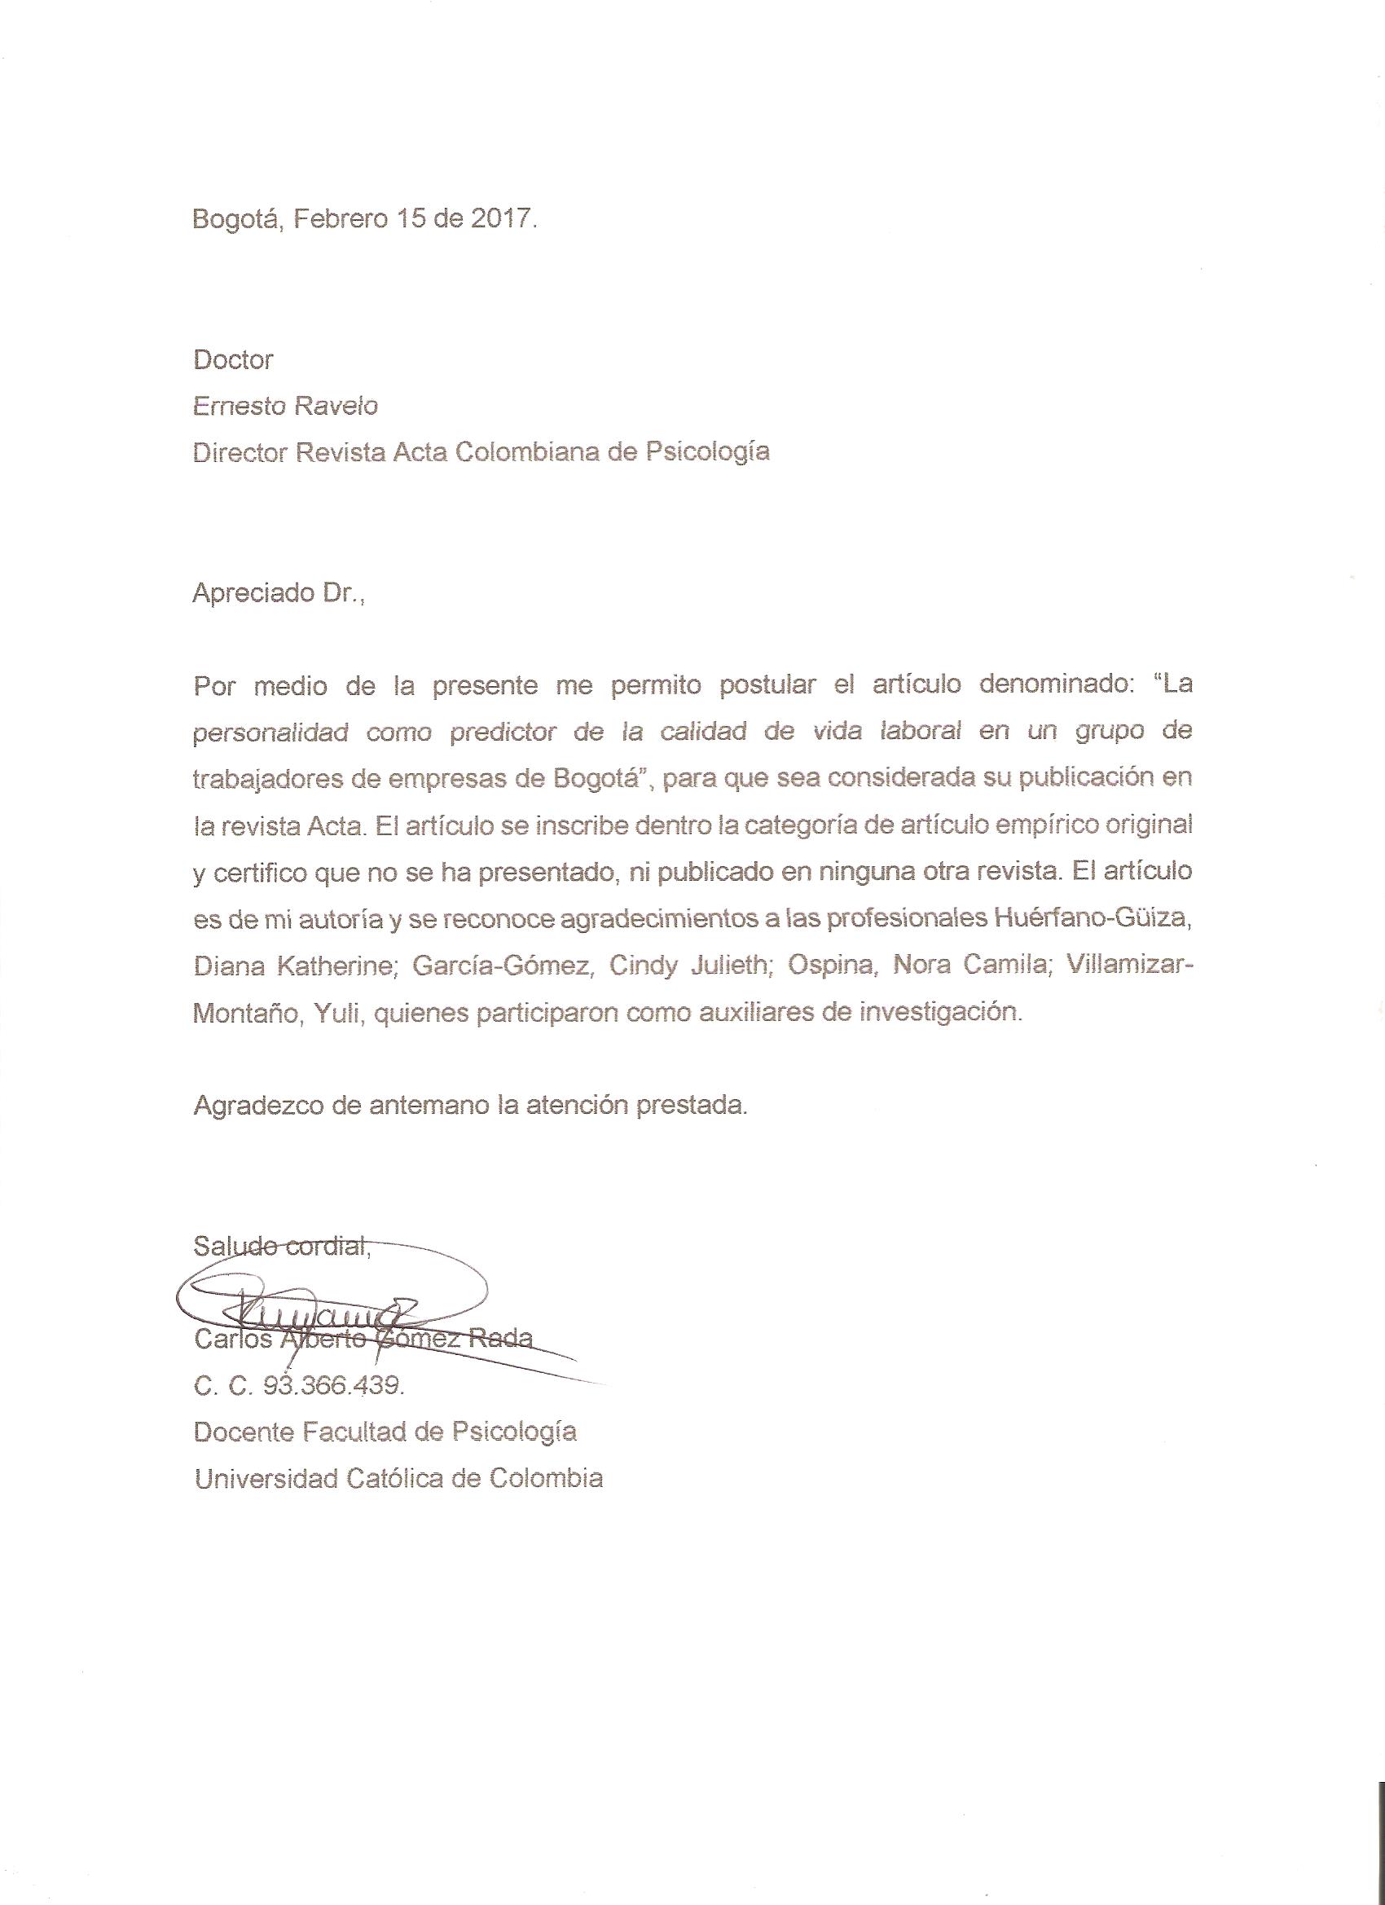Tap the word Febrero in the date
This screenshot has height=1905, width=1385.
pyautogui.click(x=341, y=219)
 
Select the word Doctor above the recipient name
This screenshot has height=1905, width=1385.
pyautogui.click(x=233, y=360)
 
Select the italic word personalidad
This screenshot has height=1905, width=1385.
pyautogui.click(x=270, y=733)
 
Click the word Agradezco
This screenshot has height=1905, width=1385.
pyautogui.click(x=257, y=1106)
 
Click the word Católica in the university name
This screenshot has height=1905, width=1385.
pyautogui.click(x=394, y=1478)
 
